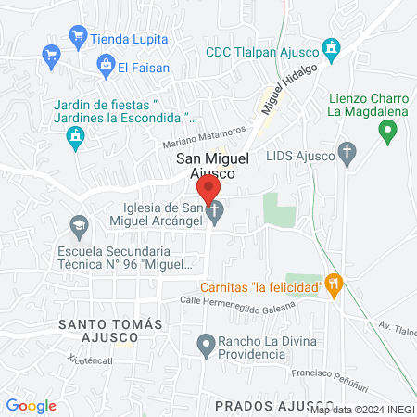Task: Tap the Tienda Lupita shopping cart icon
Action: [x=78, y=38]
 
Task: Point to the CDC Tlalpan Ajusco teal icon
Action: [x=331, y=47]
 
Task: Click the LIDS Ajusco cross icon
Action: [x=347, y=151]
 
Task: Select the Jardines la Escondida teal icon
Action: [x=76, y=139]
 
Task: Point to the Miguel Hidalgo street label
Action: [x=289, y=89]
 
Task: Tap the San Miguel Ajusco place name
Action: [x=212, y=166]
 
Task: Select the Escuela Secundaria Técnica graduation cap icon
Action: [x=79, y=225]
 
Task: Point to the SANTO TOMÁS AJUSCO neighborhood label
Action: [x=110, y=331]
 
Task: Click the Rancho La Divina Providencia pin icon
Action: [x=206, y=345]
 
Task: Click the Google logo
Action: [x=31, y=406]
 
